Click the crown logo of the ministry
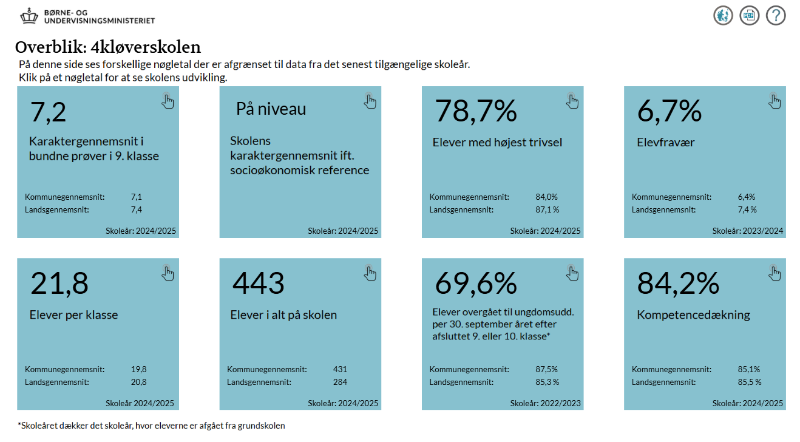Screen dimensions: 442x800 coord(29,16)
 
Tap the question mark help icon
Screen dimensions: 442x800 coord(776,15)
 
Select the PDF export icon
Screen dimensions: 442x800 coord(750,15)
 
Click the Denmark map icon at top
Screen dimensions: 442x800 coord(723,15)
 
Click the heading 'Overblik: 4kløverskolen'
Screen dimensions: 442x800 coord(108,47)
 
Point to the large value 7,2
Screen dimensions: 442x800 coord(49,112)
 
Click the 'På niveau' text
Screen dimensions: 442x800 coord(271,109)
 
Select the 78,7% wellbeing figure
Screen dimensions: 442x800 coord(476,111)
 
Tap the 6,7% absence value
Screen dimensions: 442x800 coord(669,111)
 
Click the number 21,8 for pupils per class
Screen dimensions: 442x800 coord(59,284)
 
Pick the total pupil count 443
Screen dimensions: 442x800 coord(259,284)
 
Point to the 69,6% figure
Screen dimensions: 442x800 coord(476,284)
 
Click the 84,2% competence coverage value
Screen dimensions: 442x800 coord(678,284)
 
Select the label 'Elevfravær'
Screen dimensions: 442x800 coord(666,143)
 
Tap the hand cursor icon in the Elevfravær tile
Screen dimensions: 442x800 coord(775,101)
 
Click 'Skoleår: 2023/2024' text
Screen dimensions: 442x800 coord(748,231)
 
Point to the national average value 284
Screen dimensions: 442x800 coord(340,382)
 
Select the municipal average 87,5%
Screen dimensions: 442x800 coord(546,369)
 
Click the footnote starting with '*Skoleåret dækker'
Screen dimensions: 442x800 coord(151,426)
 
